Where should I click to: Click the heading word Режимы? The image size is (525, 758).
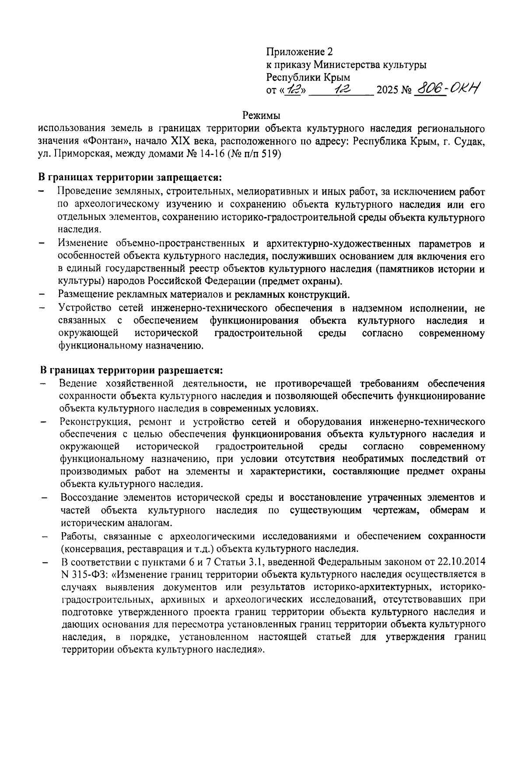point(261,116)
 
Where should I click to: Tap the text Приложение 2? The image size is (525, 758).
point(299,52)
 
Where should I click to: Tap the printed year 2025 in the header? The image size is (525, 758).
point(386,91)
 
